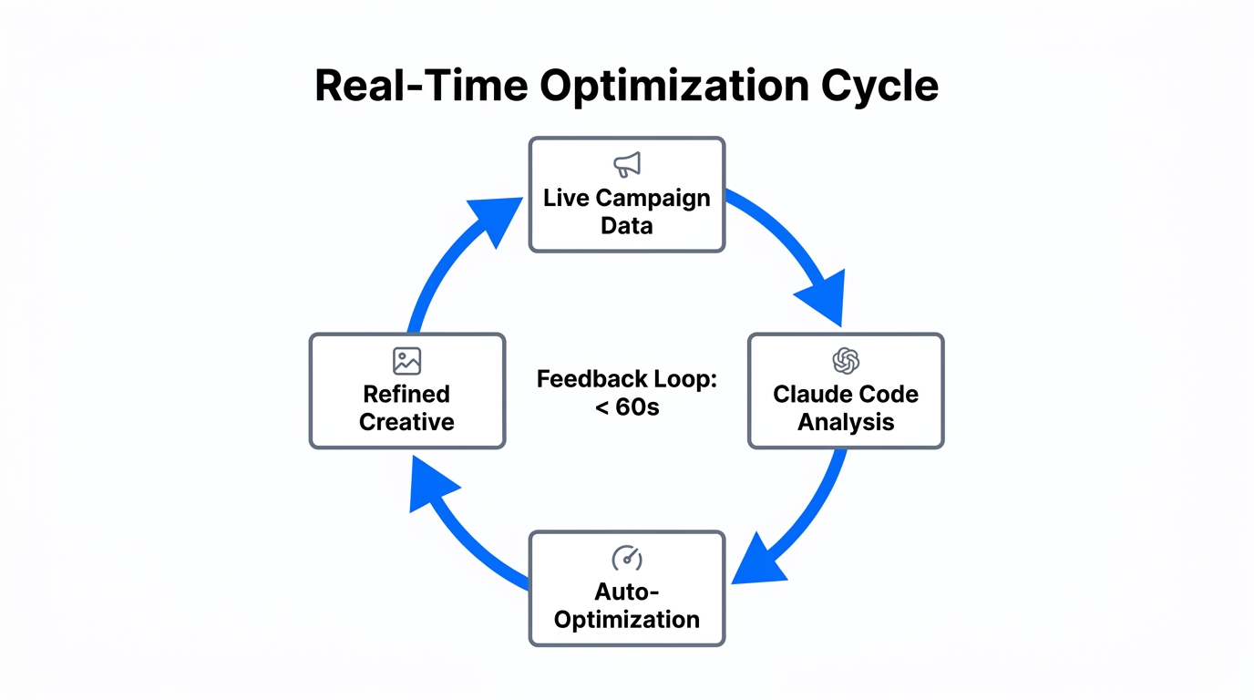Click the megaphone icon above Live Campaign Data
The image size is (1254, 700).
click(x=627, y=165)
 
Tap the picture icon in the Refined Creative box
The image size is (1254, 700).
click(x=406, y=360)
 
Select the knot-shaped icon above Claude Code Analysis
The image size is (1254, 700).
click(x=846, y=361)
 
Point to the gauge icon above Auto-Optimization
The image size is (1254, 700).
click(x=627, y=558)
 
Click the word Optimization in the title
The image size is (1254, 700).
click(x=673, y=86)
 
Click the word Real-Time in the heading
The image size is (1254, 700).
click(x=420, y=86)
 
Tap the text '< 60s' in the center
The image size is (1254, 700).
click(x=627, y=407)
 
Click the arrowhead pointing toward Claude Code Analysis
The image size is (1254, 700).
click(x=823, y=298)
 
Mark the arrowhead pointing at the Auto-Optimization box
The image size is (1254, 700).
click(x=758, y=561)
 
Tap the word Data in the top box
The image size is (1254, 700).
click(x=627, y=225)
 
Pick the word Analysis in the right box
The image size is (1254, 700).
click(x=846, y=422)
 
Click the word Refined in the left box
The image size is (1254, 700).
click(x=406, y=395)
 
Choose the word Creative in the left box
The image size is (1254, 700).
click(x=406, y=422)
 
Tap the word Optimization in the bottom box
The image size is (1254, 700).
click(x=627, y=620)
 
